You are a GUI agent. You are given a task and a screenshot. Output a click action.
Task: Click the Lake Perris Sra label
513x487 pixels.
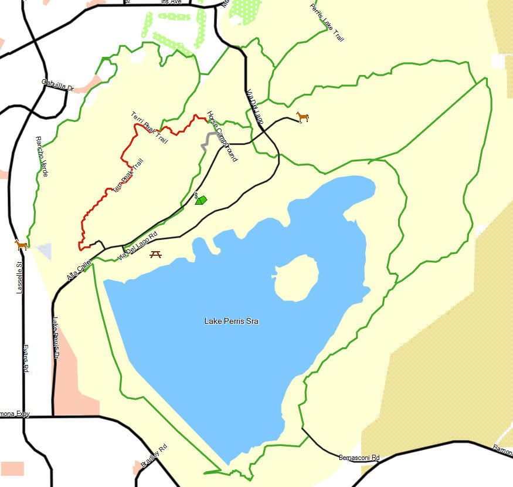coord(231,321)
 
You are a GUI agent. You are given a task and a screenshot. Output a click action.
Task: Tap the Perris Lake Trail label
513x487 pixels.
coord(327,22)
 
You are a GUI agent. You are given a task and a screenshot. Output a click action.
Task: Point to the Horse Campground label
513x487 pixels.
coord(222,136)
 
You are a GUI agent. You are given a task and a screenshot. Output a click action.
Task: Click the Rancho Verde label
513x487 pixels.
coord(42,157)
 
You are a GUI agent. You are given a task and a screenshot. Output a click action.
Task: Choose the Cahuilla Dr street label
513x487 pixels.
coord(57,85)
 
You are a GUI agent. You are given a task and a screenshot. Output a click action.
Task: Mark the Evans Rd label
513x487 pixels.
coord(26,359)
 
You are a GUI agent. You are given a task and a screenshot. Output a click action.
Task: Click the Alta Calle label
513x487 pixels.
coord(79,269)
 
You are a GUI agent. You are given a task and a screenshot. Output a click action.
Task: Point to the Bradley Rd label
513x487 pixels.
coord(154,456)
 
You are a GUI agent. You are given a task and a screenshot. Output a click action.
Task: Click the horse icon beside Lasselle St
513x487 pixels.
coord(22,245)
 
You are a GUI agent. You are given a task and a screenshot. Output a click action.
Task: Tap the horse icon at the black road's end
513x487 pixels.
coord(303,117)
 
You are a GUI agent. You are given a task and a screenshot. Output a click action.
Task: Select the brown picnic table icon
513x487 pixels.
coord(156,254)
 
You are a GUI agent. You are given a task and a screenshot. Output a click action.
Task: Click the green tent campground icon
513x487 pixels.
coord(201,200)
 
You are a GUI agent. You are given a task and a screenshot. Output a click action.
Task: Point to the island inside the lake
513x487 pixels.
coord(296,278)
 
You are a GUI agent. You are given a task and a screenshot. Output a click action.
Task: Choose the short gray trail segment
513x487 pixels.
coord(206,141)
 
